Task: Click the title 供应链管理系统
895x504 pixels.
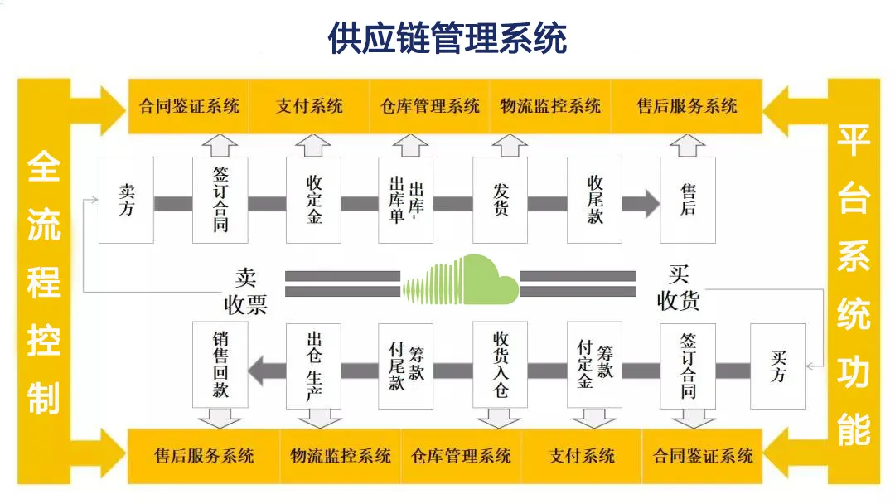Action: tap(447, 38)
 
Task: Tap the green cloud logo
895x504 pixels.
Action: tap(461, 279)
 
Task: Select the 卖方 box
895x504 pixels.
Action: tap(126, 200)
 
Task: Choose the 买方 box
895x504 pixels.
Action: tap(778, 366)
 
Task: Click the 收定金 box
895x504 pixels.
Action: tap(313, 200)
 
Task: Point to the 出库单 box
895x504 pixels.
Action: tap(405, 200)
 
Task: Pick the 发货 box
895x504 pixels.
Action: tap(500, 200)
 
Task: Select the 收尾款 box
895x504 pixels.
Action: tap(594, 200)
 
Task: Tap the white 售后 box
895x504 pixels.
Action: tap(688, 200)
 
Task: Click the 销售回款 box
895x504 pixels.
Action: tap(220, 366)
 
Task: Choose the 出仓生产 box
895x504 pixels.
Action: tap(313, 366)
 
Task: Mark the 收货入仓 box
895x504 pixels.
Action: tap(500, 366)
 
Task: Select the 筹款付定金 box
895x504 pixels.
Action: tap(594, 366)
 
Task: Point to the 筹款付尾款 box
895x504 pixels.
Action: tap(405, 366)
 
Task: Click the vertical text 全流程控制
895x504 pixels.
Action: tap(44, 283)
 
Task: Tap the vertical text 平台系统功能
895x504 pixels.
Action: tap(854, 284)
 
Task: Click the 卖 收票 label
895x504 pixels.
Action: tap(245, 291)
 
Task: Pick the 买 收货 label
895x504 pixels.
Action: tap(678, 288)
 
